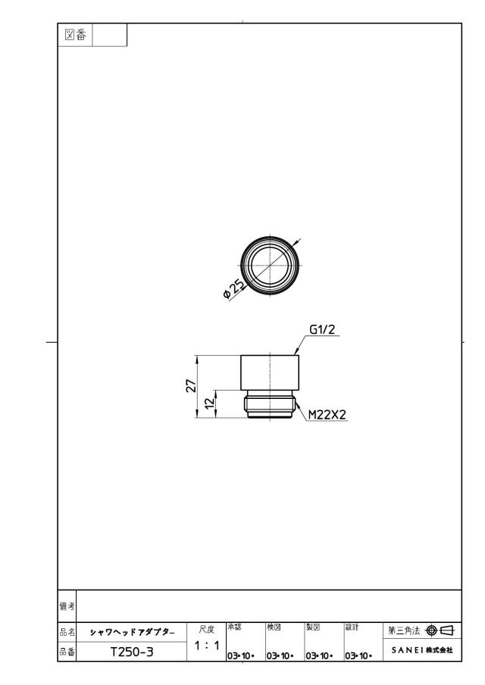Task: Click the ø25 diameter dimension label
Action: pyautogui.click(x=234, y=289)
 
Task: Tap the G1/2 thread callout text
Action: pyautogui.click(x=322, y=329)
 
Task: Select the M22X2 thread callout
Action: pyautogui.click(x=327, y=415)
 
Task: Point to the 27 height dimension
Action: pyautogui.click(x=191, y=386)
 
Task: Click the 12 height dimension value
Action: pyautogui.click(x=211, y=403)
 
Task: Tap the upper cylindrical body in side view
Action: pyautogui.click(x=270, y=372)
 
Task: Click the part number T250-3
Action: pyautogui.click(x=132, y=652)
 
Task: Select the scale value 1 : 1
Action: pyautogui.click(x=206, y=646)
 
